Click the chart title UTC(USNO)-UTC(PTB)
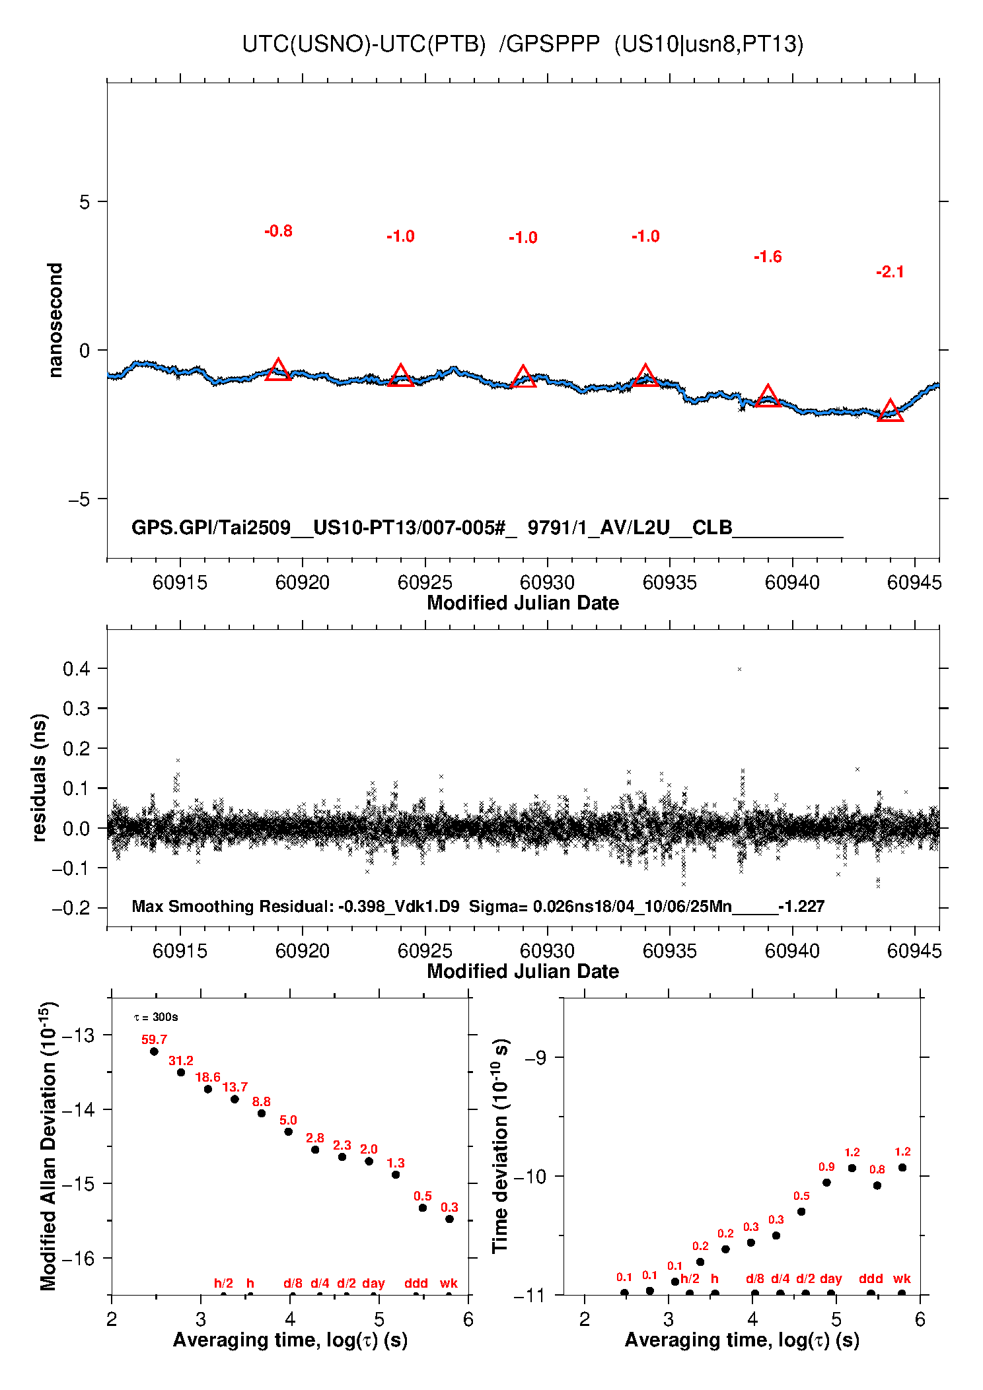tap(363, 44)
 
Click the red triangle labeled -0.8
tap(278, 370)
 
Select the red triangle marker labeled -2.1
tap(890, 411)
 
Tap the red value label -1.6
tap(768, 257)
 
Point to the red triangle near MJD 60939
tap(768, 396)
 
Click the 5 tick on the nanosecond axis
tap(85, 202)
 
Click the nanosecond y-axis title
tap(55, 320)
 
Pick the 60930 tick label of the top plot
tap(547, 582)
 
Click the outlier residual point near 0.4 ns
tap(739, 670)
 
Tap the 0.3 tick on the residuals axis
tap(77, 709)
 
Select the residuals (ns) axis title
tap(40, 777)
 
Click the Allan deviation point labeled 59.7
tap(154, 1051)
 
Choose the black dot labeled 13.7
tap(235, 1099)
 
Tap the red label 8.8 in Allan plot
tap(261, 1101)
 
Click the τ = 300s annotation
tap(156, 1018)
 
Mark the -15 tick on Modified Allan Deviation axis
tap(79, 1183)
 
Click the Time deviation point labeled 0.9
tap(826, 1183)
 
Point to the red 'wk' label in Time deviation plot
tap(902, 1278)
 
